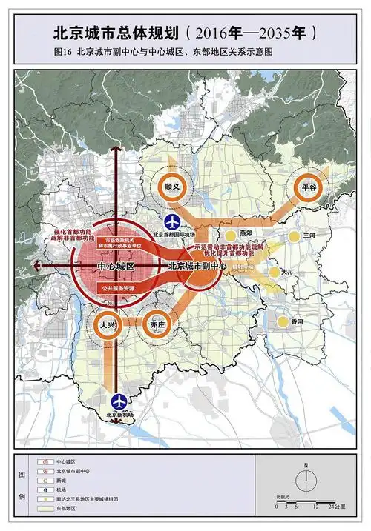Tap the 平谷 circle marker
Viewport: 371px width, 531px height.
pyautogui.click(x=309, y=188)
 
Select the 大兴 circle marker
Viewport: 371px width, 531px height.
pyautogui.click(x=108, y=324)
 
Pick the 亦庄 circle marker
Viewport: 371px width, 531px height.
pyautogui.click(x=157, y=324)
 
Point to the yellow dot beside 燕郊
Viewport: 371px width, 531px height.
pyautogui.click(x=231, y=236)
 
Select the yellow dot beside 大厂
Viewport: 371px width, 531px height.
pyautogui.click(x=274, y=272)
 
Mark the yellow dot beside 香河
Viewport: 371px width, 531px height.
pyautogui.click(x=283, y=321)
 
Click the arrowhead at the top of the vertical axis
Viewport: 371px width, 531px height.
pyautogui.click(x=115, y=148)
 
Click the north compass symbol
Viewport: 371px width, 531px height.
pyautogui.click(x=304, y=477)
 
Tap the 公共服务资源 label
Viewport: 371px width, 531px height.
pyautogui.click(x=116, y=284)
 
